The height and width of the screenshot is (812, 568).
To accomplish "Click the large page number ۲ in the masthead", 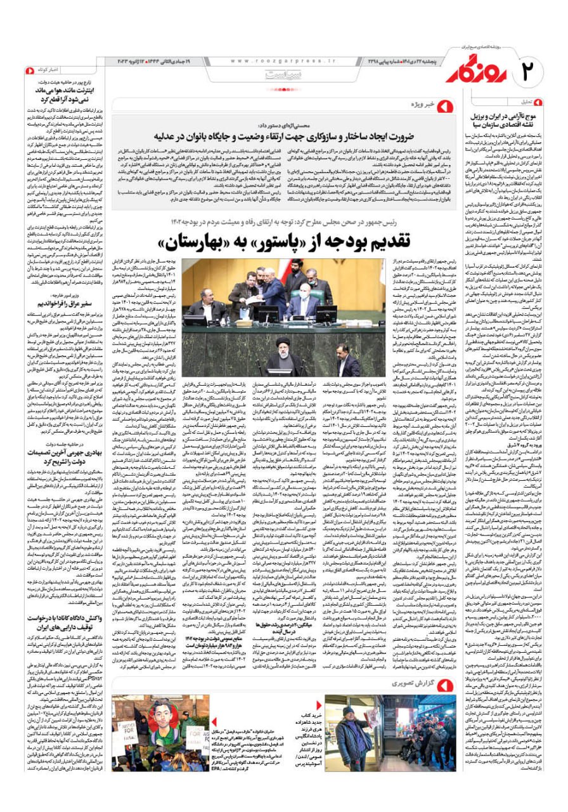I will click(x=534, y=69).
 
